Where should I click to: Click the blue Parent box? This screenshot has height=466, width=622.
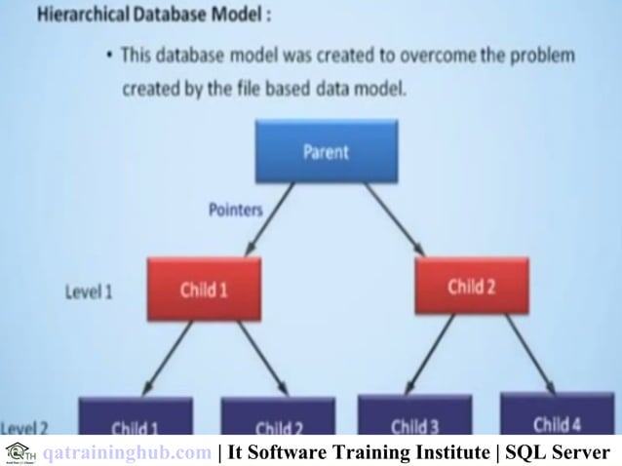(326, 152)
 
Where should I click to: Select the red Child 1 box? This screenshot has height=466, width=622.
(205, 290)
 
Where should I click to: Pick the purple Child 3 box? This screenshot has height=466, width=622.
(414, 419)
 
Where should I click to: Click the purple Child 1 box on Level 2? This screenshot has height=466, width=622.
(135, 422)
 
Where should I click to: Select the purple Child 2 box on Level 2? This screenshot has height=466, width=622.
(277, 422)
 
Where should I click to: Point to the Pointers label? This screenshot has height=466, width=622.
(235, 207)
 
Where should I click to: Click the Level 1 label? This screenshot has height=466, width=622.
(90, 291)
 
